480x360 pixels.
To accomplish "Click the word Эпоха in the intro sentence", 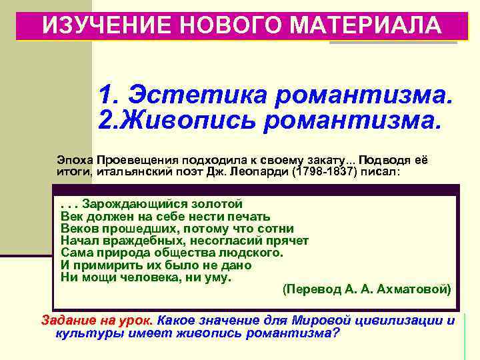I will pos(74,160).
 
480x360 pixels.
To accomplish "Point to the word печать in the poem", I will pos(247,216).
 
